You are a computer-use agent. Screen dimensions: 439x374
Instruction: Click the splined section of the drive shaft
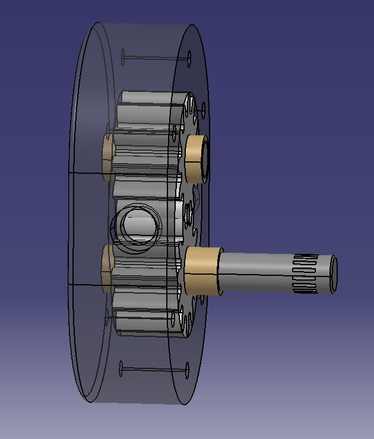click(306, 273)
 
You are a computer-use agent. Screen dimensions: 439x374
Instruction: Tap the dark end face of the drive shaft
click(334, 273)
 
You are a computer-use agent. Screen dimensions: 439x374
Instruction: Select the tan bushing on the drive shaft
click(201, 271)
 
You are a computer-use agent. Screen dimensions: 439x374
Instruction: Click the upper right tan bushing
click(194, 158)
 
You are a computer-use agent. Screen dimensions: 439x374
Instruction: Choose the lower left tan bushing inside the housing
click(108, 269)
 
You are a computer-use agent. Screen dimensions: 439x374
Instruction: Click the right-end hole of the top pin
click(189, 58)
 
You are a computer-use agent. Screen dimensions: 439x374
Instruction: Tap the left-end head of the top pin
click(123, 58)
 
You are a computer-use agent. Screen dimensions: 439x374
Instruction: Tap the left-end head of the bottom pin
click(121, 370)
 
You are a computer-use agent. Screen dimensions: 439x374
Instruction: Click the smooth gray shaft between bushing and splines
click(255, 273)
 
